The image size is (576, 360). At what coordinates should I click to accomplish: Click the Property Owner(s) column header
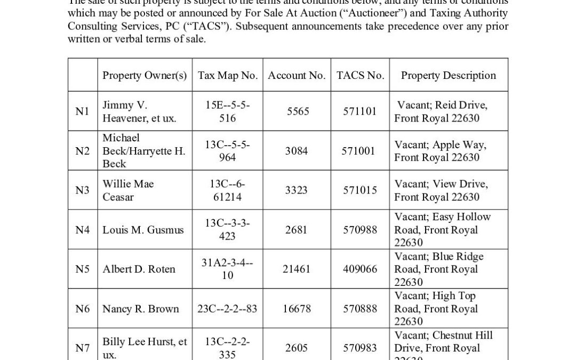[145, 75]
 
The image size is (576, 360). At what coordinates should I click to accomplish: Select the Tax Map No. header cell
[228, 75]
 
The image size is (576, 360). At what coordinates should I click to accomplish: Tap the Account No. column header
[297, 75]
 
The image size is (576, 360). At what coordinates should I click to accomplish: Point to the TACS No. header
[360, 75]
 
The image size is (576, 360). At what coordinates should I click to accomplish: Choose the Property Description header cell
[448, 75]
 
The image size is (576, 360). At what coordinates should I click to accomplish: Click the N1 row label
[83, 111]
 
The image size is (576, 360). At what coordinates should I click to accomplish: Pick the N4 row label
[83, 230]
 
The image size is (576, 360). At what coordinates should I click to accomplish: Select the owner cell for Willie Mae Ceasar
[129, 190]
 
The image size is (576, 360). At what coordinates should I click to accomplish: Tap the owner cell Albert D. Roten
[139, 269]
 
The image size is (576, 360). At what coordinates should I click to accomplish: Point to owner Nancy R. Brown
[141, 309]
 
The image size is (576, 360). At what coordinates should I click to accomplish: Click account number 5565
[297, 111]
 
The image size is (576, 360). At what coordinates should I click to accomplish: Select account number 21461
[297, 269]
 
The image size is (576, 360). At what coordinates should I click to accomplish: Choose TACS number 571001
[359, 151]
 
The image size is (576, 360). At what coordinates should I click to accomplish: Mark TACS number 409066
[359, 269]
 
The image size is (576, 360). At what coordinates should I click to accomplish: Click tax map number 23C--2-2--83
[228, 309]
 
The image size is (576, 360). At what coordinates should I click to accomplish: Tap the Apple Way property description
[441, 151]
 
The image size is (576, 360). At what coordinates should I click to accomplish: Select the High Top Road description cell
[436, 309]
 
